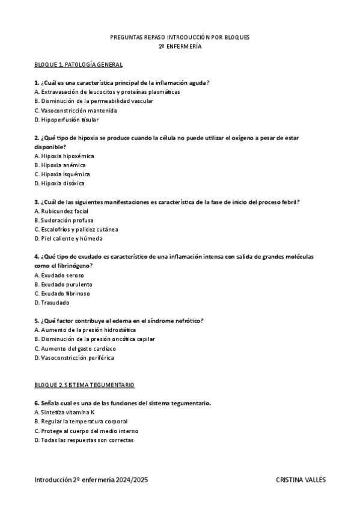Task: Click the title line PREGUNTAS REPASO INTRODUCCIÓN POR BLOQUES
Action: [x=180, y=37]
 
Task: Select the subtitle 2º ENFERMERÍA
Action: [x=180, y=46]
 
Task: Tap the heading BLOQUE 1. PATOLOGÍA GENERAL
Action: [x=79, y=64]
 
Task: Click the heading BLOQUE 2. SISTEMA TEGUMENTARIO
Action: [x=85, y=384]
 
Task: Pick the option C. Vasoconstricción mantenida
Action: [x=76, y=111]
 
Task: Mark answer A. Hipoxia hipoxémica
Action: [x=64, y=156]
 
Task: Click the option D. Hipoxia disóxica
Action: [x=59, y=183]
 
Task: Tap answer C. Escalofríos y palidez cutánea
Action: [x=76, y=229]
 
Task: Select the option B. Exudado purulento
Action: [x=64, y=284]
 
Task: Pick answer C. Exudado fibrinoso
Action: [x=62, y=293]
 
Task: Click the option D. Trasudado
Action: [x=52, y=303]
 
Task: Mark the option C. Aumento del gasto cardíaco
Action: [x=75, y=348]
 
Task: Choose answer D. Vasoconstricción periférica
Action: [x=74, y=358]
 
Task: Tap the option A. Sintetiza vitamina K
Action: [x=65, y=413]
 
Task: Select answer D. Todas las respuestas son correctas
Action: [x=84, y=440]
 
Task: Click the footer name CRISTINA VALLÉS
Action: [x=301, y=481]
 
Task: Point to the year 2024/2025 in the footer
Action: [x=132, y=481]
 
